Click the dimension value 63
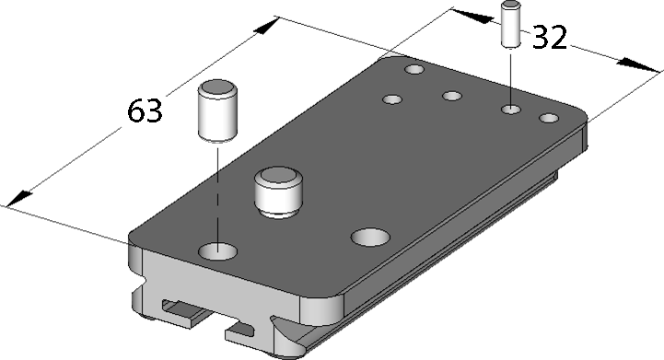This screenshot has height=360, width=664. [145, 110]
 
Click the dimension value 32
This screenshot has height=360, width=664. [549, 37]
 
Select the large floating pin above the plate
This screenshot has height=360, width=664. [217, 110]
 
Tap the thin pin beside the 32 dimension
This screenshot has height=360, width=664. [511, 24]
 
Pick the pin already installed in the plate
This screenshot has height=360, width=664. [278, 192]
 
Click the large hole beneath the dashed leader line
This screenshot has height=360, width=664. [217, 251]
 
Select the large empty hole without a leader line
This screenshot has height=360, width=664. [370, 238]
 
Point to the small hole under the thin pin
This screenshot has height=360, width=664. [511, 110]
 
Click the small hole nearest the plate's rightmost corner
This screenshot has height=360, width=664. [549, 118]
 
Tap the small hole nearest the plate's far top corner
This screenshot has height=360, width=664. [414, 69]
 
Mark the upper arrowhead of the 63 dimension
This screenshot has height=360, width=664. [266, 26]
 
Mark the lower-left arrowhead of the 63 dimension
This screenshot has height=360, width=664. [19, 199]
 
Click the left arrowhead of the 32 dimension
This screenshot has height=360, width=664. [472, 16]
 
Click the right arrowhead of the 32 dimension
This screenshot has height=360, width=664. [638, 65]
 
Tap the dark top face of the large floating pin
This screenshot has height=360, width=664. [217, 87]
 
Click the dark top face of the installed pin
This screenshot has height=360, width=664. [278, 175]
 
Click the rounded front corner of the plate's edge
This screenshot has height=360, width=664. [321, 308]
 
